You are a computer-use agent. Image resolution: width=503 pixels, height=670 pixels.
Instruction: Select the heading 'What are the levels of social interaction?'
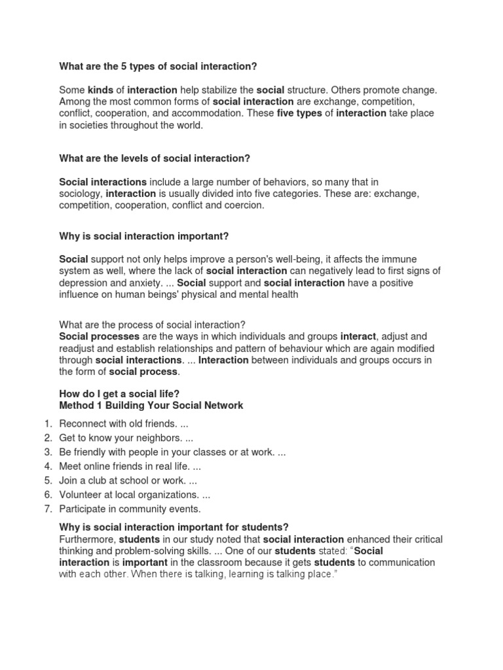tap(155, 158)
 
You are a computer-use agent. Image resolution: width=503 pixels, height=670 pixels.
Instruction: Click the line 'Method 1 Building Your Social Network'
tap(151, 406)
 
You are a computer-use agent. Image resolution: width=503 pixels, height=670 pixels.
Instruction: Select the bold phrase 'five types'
tap(299, 113)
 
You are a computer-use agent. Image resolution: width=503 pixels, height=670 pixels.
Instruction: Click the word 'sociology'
tap(81, 194)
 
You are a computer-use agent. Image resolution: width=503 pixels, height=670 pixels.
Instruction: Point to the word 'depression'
tap(84, 283)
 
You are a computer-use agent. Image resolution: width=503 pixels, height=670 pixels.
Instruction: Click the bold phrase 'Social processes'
tap(99, 337)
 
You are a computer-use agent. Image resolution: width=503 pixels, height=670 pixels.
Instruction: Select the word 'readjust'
tap(79, 349)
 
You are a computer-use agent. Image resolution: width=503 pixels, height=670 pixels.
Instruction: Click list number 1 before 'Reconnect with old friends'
tap(48, 424)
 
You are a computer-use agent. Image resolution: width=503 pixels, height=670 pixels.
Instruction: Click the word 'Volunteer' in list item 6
tap(81, 495)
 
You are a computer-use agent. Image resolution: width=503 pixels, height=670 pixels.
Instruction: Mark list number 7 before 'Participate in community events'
tap(48, 508)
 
